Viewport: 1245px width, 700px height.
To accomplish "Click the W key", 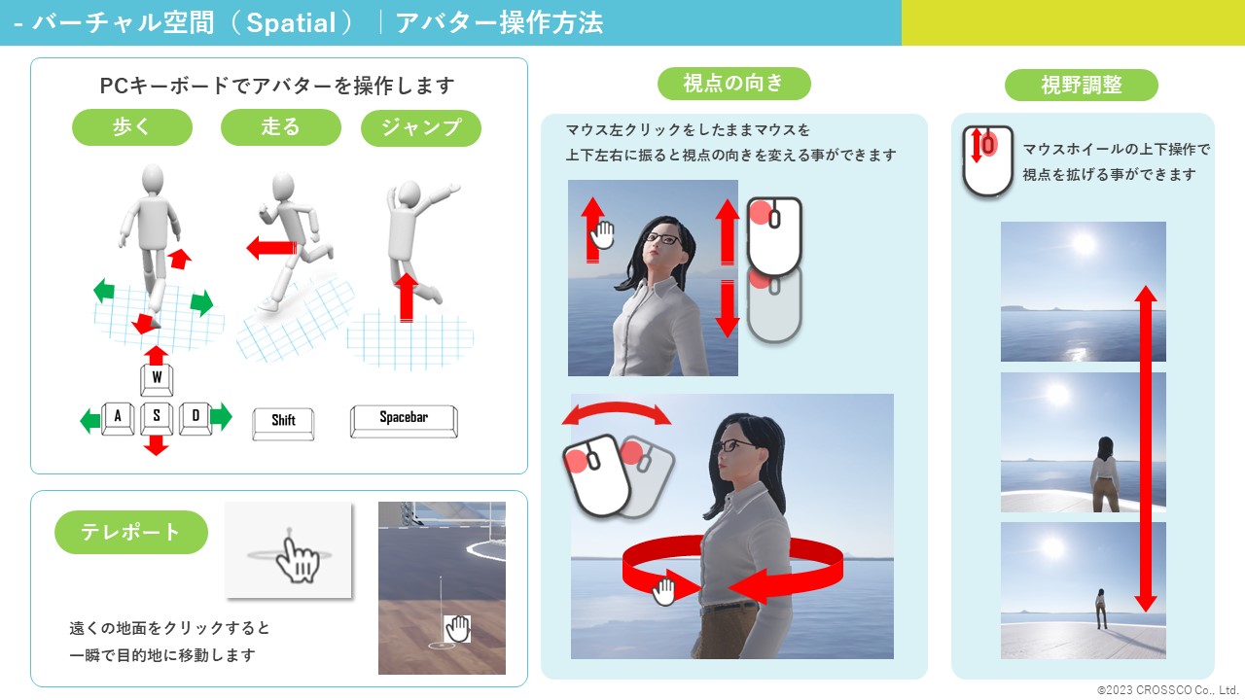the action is point(157,379).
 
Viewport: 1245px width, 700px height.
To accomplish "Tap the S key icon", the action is point(157,418).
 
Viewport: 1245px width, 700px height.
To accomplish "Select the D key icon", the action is point(196,418).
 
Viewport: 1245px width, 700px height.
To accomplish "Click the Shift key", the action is point(283,424).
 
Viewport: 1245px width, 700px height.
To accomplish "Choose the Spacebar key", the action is point(404,421).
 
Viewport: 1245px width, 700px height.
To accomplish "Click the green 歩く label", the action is point(132,127).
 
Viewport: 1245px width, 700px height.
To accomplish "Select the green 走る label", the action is point(281,127).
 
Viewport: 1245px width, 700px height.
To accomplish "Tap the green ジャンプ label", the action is point(421,127).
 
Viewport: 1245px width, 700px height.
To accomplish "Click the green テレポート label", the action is point(131,532).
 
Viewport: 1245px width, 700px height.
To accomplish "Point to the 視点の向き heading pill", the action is point(733,84).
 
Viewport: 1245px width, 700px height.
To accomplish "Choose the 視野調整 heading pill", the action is point(1081,85).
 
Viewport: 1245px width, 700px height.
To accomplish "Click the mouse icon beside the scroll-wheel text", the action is point(987,161).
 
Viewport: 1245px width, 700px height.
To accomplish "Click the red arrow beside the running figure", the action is point(271,248).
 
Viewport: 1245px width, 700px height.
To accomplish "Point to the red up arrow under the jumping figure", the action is point(407,297).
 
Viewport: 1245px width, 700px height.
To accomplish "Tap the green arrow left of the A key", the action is point(90,421).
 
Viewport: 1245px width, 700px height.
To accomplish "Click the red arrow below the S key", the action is point(157,445).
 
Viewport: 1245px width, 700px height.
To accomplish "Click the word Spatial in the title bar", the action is point(291,23).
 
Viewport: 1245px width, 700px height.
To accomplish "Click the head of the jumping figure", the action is point(409,193).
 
